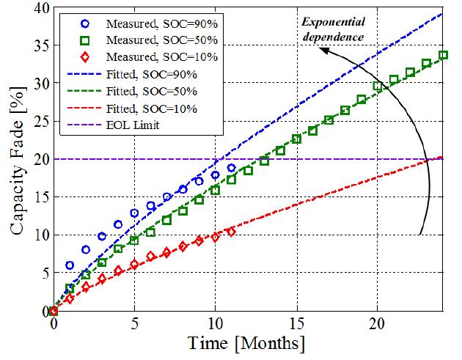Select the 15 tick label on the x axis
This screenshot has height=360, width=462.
pos(296,323)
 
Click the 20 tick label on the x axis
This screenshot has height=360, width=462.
pos(377,323)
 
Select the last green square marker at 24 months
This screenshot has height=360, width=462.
pos(443,55)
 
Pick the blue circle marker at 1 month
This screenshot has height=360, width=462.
pos(70,265)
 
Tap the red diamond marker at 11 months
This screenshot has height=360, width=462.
pos(231,232)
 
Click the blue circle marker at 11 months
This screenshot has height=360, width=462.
pos(231,168)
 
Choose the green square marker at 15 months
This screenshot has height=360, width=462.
pos(296,139)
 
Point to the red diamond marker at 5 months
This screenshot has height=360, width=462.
pos(134,265)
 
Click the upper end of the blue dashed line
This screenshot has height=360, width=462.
pos(443,13)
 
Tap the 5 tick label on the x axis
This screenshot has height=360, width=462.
pos(134,323)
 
